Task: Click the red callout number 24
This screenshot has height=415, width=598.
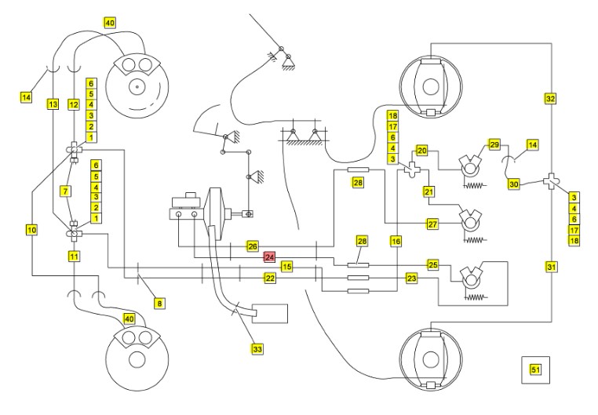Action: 270,257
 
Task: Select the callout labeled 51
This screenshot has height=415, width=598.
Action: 536,369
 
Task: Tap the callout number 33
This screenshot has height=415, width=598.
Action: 257,348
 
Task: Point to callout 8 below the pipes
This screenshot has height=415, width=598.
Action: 159,304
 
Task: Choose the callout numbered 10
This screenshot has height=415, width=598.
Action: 31,230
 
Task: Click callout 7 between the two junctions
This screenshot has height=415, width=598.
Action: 66,191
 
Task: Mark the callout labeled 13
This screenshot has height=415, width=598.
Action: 53,104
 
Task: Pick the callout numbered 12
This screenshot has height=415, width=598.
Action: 74,104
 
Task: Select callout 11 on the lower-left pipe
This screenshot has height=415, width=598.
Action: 74,256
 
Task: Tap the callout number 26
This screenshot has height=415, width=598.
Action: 253,246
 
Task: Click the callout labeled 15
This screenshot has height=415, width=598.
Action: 287,267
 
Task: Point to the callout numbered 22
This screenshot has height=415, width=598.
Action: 270,278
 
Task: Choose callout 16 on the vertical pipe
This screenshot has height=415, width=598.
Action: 396,241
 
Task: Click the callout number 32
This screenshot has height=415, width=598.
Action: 550,99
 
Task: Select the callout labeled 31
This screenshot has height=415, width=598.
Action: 552,268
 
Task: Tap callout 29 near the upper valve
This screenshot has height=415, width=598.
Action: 494,145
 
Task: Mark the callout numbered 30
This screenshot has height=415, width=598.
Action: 514,184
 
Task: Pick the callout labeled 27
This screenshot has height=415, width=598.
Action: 432,224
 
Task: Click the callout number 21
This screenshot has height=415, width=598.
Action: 429,191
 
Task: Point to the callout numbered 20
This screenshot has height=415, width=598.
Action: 421,151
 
